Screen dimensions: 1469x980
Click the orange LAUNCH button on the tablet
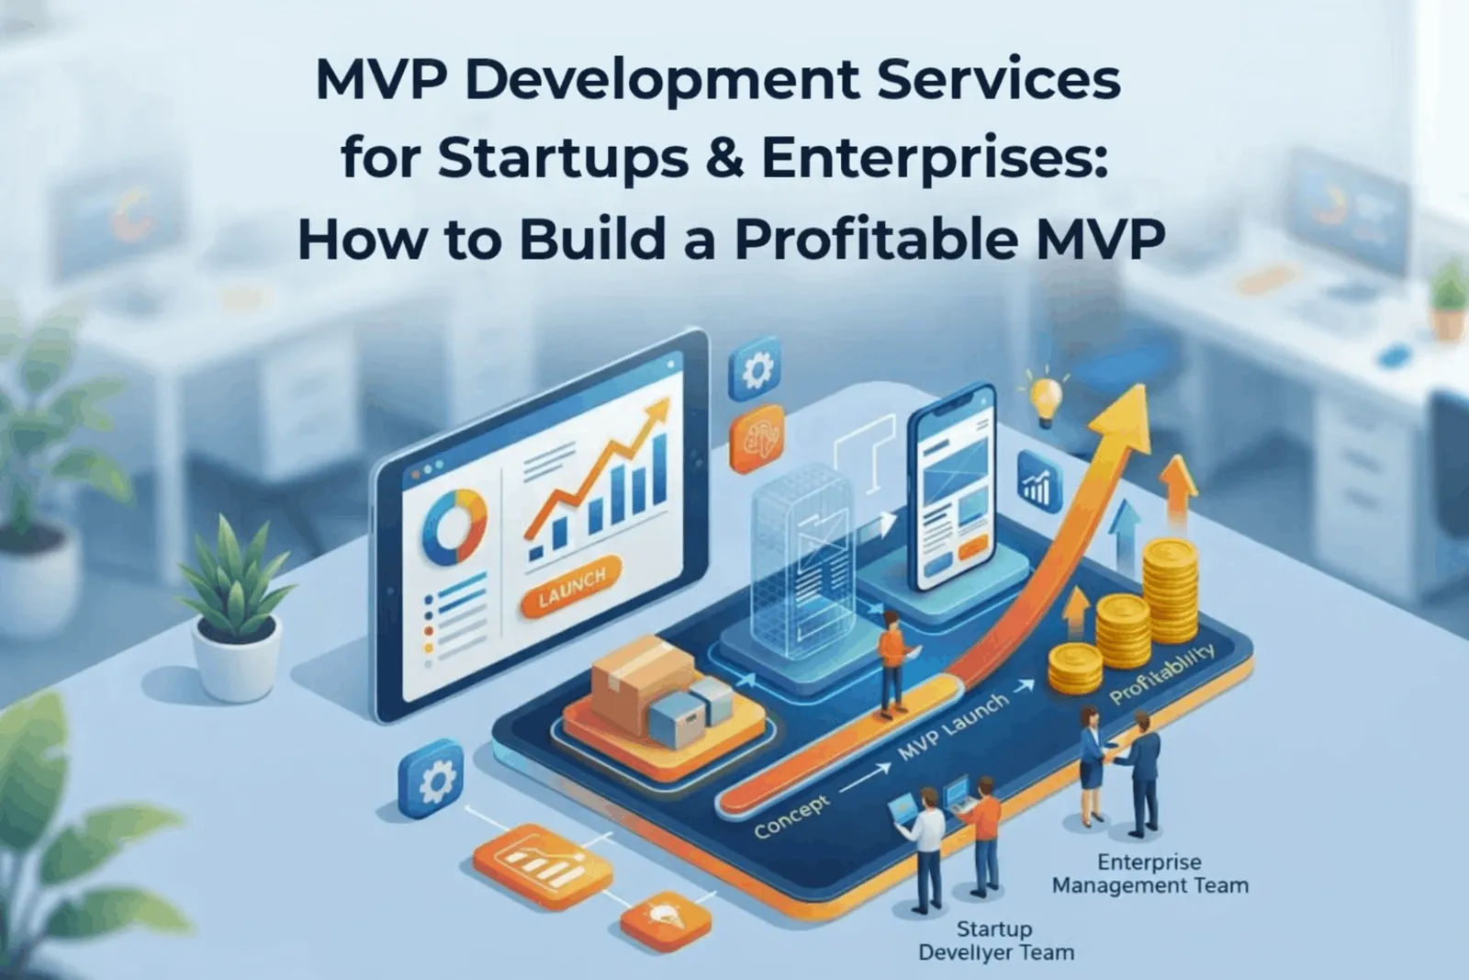pyautogui.click(x=571, y=586)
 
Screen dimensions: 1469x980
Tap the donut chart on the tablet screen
pyautogui.click(x=454, y=524)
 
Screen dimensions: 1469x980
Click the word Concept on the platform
pyautogui.click(x=792, y=814)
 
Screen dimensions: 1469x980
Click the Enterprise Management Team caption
pyautogui.click(x=1149, y=873)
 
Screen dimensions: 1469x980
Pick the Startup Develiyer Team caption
pyautogui.click(x=995, y=940)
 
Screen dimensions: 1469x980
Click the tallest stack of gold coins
pyautogui.click(x=1171, y=591)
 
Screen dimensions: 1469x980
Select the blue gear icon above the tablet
pyautogui.click(x=755, y=368)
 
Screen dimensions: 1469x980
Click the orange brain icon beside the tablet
pyautogui.click(x=758, y=438)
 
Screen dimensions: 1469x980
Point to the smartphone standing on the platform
pyautogui.click(x=952, y=487)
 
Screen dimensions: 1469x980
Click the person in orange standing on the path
pyautogui.click(x=892, y=664)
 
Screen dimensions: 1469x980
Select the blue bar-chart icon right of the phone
pyautogui.click(x=1038, y=482)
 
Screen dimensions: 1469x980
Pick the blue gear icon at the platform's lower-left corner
pyautogui.click(x=431, y=779)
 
